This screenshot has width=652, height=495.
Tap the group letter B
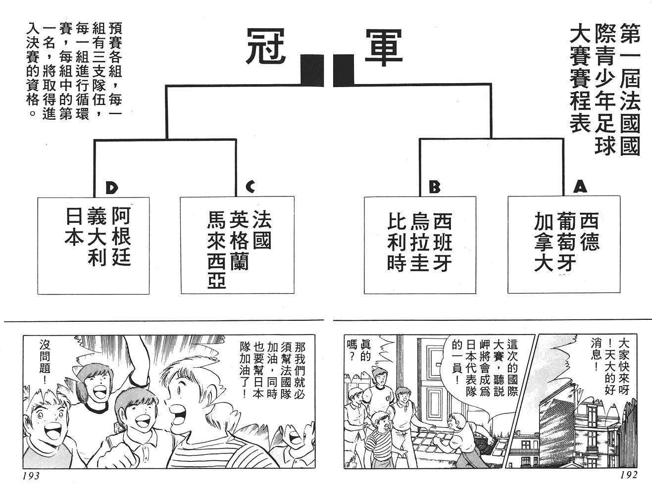[x=434, y=187]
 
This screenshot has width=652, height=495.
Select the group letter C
[x=250, y=187]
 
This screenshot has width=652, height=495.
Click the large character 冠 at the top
[x=267, y=47]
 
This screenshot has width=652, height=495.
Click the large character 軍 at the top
[x=384, y=47]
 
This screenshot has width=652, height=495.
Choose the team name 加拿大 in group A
[x=543, y=243]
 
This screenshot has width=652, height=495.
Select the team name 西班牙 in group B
[x=442, y=243]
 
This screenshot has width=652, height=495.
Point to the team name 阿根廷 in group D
[x=121, y=237]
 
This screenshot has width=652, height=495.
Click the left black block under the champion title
[x=311, y=70]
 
